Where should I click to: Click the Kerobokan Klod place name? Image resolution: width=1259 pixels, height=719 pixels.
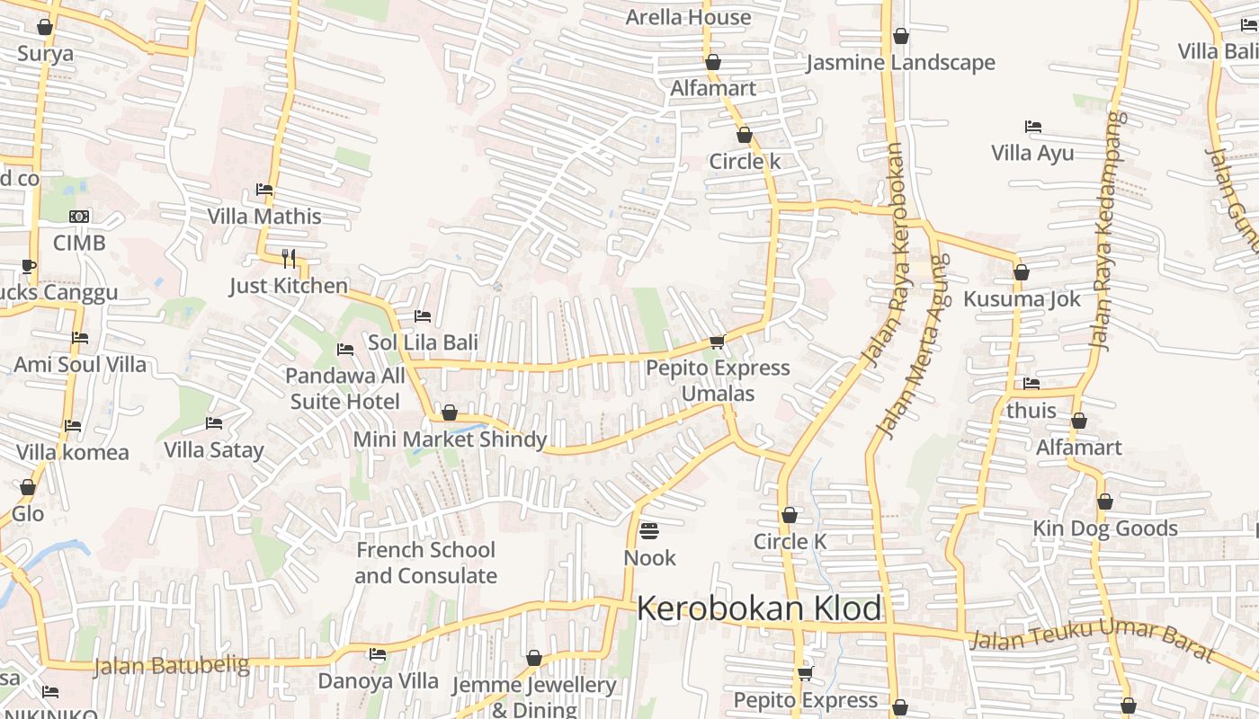759,608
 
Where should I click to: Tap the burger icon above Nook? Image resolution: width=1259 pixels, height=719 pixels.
649,530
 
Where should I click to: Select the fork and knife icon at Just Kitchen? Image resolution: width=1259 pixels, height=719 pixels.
289,259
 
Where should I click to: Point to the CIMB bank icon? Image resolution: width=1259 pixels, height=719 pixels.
79,217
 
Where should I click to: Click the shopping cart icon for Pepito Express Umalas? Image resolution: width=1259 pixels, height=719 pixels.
717,342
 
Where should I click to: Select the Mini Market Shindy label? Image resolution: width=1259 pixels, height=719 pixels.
450,439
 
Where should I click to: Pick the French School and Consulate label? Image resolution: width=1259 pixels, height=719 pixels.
425,563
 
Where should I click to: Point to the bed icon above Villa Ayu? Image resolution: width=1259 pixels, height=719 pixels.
1033,127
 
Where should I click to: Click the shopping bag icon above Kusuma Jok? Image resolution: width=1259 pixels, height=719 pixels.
1021,271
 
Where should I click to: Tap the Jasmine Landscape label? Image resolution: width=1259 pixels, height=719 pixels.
900,63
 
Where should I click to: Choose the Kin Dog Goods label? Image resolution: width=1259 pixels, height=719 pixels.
1105,528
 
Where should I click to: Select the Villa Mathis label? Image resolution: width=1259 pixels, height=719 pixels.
264,217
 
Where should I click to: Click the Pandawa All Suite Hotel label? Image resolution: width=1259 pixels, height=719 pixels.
345,387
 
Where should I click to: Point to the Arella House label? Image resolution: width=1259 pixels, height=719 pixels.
688,17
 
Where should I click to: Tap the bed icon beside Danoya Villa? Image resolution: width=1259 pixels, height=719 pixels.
378,654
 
